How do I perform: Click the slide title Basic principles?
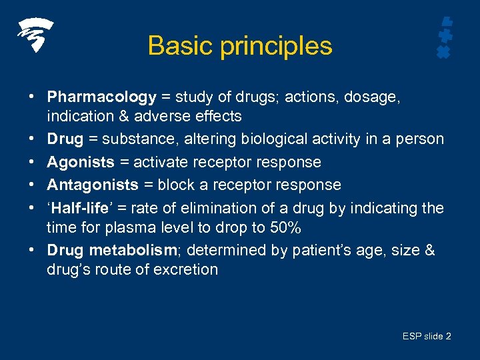click(x=240, y=46)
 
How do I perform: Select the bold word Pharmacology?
click(x=101, y=97)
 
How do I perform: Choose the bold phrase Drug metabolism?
click(x=109, y=250)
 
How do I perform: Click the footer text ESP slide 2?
click(x=427, y=336)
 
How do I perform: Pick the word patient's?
click(x=336, y=250)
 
